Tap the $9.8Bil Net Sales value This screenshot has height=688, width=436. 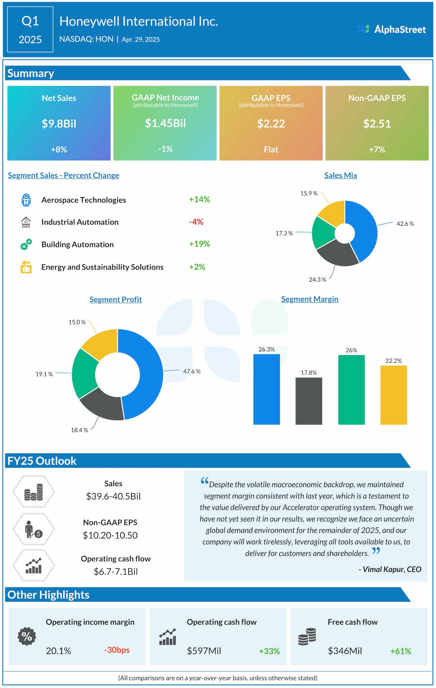(x=59, y=124)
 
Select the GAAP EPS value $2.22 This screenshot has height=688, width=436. (x=271, y=124)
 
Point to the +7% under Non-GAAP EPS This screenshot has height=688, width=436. (x=377, y=149)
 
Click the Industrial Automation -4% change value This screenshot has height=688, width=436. (x=196, y=222)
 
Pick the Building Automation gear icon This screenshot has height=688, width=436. (x=26, y=244)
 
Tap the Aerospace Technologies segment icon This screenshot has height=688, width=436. (x=26, y=200)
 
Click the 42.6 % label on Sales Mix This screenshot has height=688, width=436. (x=405, y=224)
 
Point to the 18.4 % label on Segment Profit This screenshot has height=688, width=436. (x=79, y=430)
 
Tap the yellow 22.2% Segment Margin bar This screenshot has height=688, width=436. (x=393, y=395)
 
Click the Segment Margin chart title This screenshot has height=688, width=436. (x=310, y=299)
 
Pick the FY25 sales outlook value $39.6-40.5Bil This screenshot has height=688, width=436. (x=113, y=496)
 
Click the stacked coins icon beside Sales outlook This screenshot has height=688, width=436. (x=33, y=492)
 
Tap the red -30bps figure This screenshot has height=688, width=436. (x=117, y=650)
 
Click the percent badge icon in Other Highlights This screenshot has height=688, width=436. (x=27, y=636)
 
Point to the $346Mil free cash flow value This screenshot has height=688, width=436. (x=345, y=651)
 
